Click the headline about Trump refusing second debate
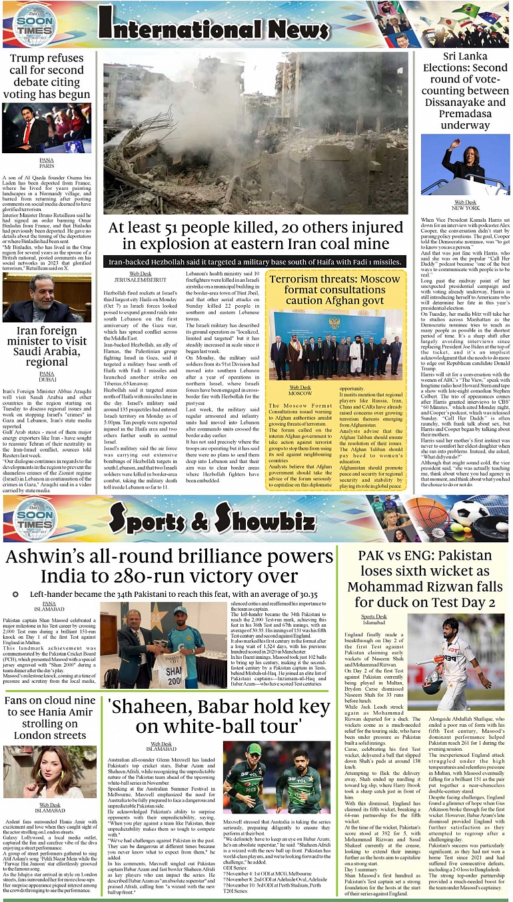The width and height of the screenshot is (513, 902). point(50,77)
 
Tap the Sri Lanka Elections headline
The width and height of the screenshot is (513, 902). point(466,91)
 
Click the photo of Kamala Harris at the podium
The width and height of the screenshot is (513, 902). point(466,165)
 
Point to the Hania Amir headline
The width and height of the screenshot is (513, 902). point(50,718)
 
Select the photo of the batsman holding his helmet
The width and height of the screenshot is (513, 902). point(456,662)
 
